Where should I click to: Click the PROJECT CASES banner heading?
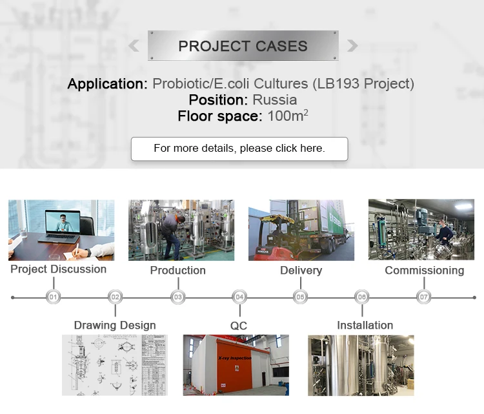(x=243, y=46)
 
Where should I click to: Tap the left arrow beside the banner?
(x=134, y=46)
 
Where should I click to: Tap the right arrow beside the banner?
(x=352, y=46)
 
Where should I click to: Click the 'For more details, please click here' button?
(x=239, y=149)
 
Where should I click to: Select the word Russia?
(x=274, y=100)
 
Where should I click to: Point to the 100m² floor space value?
(x=287, y=116)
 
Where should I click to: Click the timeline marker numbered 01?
(x=54, y=297)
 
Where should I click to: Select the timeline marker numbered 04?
(x=239, y=297)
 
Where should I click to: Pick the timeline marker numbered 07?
(x=424, y=297)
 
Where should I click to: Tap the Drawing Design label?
(x=115, y=325)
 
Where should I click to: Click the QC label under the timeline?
(x=239, y=326)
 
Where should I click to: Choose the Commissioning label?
(x=424, y=270)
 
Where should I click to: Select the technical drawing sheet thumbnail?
(x=114, y=365)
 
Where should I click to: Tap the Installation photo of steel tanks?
(x=361, y=365)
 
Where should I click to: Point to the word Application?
(x=107, y=84)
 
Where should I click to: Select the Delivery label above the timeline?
(x=301, y=270)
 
